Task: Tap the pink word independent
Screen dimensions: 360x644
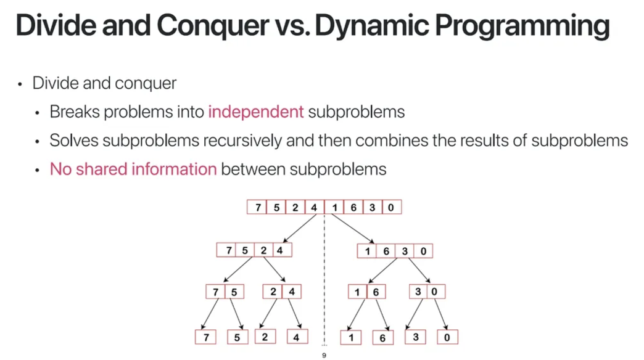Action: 256,112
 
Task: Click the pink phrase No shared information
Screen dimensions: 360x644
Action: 133,169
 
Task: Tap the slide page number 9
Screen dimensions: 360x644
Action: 324,355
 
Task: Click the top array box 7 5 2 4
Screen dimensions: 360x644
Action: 285,207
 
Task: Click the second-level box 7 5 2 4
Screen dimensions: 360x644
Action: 254,250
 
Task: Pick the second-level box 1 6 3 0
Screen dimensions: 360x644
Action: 395,251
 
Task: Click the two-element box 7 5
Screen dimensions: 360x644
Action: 225,292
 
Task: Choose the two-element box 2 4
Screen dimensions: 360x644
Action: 282,292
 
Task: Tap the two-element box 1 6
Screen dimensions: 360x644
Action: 366,292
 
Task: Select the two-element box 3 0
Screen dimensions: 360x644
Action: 426,292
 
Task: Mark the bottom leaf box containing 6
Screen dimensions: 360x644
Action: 382,337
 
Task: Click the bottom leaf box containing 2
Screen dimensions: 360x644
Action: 265,337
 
